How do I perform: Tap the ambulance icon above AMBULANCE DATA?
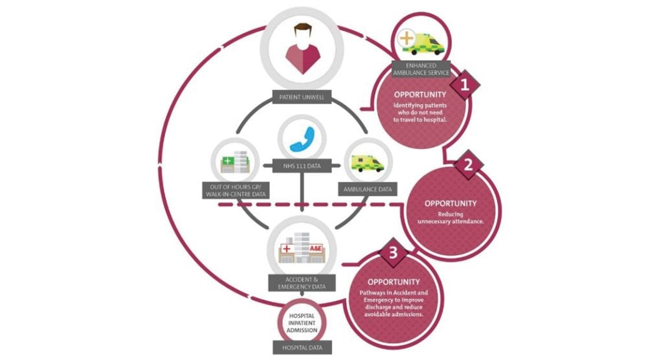(x=366, y=161)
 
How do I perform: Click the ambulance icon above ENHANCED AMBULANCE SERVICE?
(x=422, y=41)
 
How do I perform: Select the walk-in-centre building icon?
(x=234, y=162)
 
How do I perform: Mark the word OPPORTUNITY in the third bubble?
(x=394, y=282)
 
